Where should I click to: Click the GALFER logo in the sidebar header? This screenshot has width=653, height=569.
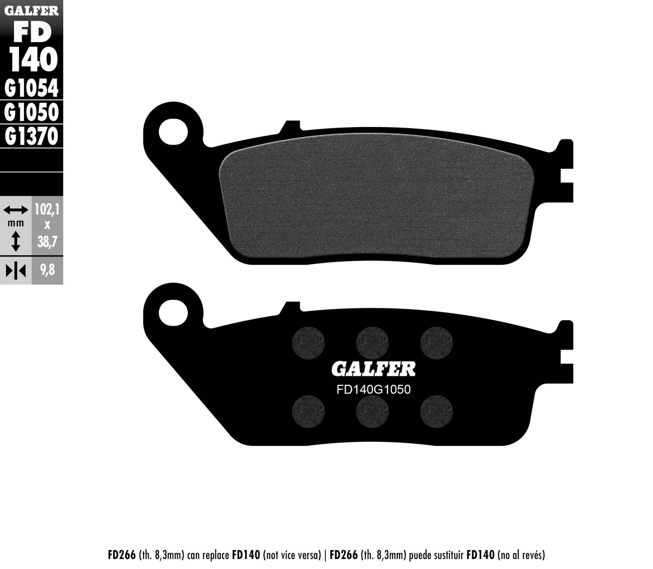(x=31, y=10)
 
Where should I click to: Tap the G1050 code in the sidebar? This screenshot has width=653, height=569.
(x=31, y=112)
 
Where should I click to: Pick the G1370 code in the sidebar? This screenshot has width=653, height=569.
(x=31, y=136)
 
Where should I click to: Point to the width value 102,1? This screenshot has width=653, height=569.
(x=47, y=210)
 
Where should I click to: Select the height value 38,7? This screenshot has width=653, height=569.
(x=47, y=242)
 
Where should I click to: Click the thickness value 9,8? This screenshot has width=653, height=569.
(x=47, y=270)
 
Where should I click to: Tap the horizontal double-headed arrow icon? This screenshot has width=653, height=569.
(x=15, y=210)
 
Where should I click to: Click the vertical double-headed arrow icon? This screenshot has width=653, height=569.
(x=15, y=241)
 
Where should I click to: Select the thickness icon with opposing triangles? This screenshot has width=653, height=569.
(x=15, y=270)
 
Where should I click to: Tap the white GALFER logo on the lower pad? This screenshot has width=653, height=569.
(x=373, y=369)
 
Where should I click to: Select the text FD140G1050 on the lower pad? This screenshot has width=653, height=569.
(x=373, y=389)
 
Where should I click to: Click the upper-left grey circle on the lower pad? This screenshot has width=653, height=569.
(x=309, y=342)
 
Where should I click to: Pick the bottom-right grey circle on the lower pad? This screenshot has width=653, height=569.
(x=436, y=411)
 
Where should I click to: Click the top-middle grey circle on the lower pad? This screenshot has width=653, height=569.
(x=372, y=342)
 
